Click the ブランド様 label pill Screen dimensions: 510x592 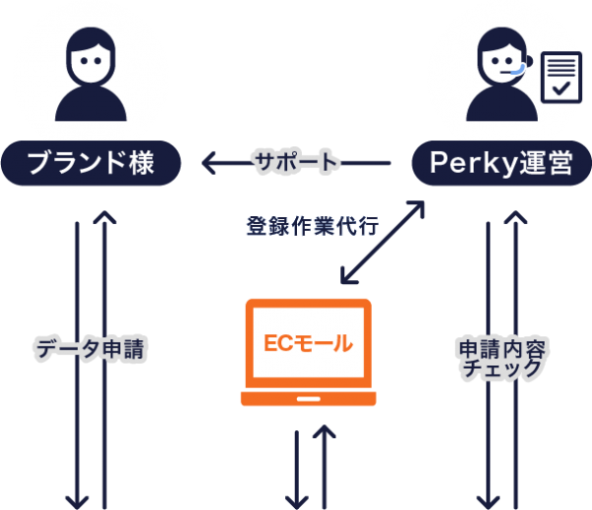(x=90, y=162)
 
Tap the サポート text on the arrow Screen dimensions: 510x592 (x=295, y=162)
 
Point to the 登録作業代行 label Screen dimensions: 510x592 (x=310, y=225)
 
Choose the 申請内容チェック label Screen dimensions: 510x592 (x=502, y=358)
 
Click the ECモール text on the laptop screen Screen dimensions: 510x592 (x=308, y=344)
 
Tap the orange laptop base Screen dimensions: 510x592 (x=308, y=399)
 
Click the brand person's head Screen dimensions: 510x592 (x=91, y=54)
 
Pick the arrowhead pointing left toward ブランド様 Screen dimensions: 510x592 (x=208, y=162)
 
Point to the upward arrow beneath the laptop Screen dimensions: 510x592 (x=322, y=464)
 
